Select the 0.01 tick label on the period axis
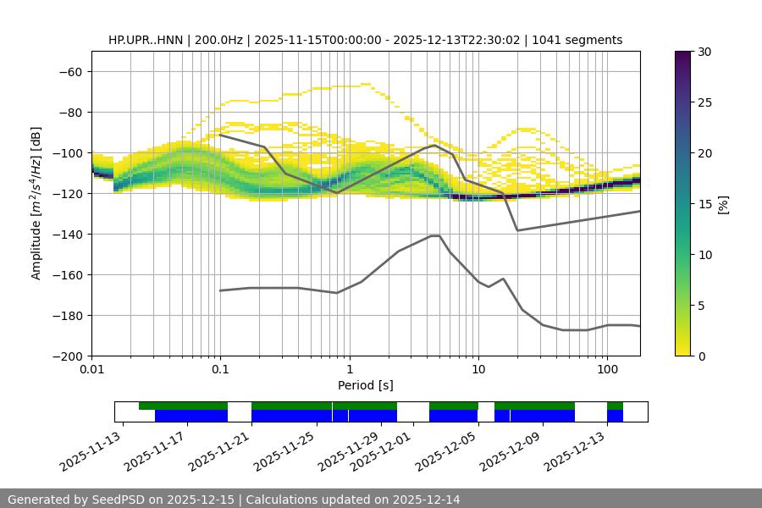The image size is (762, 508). click(x=91, y=370)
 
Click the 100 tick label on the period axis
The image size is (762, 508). click(x=606, y=370)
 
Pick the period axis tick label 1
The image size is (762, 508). click(x=349, y=370)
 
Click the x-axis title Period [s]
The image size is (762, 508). click(x=365, y=385)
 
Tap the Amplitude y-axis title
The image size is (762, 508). click(x=36, y=203)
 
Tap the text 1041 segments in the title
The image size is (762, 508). click(x=577, y=40)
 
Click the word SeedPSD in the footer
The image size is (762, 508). click(x=124, y=500)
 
